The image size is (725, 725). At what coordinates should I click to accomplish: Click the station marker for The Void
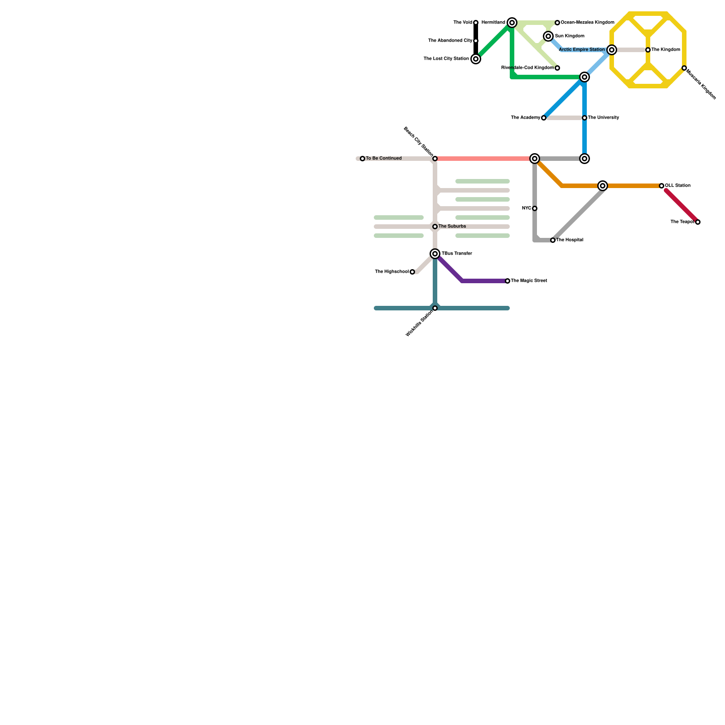(476, 23)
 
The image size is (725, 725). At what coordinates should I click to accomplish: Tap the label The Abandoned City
(450, 41)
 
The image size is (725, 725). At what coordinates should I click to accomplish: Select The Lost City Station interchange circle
(476, 59)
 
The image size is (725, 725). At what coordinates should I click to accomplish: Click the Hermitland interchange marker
(512, 23)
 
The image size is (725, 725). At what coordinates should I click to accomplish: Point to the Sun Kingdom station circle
(548, 36)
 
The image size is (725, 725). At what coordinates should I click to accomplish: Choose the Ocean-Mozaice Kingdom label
(587, 23)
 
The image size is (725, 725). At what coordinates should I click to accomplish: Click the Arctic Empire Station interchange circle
(612, 50)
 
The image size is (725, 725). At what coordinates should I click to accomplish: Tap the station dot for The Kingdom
(648, 50)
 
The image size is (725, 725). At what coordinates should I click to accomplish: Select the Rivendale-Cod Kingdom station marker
(557, 68)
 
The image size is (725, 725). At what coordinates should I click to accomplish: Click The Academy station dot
(544, 118)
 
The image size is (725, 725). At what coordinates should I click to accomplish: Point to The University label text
(603, 118)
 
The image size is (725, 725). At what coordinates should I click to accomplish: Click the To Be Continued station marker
(362, 159)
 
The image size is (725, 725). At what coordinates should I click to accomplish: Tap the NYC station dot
(535, 208)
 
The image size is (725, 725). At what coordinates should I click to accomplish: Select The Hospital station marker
(553, 240)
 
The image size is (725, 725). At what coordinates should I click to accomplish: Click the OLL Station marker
(662, 186)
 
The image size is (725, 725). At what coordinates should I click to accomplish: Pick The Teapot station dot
(698, 222)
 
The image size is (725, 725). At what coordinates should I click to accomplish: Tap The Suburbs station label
(452, 227)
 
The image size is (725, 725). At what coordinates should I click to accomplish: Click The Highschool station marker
(412, 272)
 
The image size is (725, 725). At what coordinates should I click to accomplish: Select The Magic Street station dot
(507, 281)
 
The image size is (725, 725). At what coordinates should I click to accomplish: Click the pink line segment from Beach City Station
(483, 159)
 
